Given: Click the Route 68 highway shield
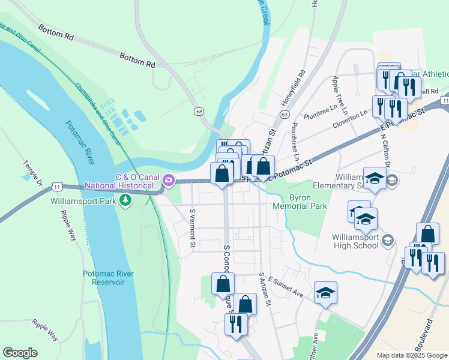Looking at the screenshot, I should click(199, 112).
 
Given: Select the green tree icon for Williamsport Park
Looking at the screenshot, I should click(125, 201).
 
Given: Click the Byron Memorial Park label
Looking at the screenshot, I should click(300, 202).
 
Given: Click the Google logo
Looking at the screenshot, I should click(20, 353).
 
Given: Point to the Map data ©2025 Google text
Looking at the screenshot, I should click(411, 355).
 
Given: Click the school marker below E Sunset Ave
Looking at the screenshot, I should click(325, 293).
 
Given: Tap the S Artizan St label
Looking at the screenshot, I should click(264, 290).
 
